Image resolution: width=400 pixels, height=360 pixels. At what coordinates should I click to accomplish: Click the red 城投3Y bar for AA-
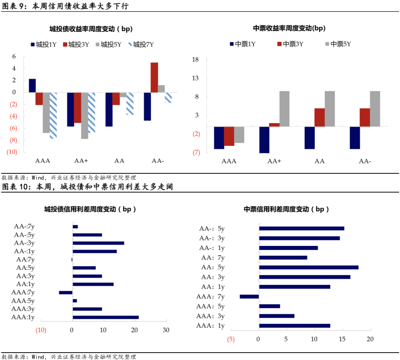coord(154,77)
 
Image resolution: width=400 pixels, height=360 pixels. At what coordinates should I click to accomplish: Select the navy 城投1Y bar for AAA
coord(32,86)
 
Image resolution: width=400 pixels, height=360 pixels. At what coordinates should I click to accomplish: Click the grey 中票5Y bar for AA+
coord(284,109)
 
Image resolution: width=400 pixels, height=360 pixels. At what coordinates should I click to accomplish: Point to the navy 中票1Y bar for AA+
coord(264,140)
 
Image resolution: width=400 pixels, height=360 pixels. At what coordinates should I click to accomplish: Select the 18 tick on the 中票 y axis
coord(196,60)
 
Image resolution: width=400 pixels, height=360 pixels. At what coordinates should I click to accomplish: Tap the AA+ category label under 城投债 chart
coord(81,161)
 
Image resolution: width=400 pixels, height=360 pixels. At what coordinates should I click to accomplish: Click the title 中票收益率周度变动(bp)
coord(289,28)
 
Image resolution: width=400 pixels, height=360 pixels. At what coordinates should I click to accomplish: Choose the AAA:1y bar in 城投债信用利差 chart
coord(106,317)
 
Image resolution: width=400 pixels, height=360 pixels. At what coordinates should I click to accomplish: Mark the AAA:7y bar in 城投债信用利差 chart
coord(66,293)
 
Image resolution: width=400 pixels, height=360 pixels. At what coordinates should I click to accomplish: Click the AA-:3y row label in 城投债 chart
coord(24,243)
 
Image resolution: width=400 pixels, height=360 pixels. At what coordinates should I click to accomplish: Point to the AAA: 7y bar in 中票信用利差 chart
coord(249,296)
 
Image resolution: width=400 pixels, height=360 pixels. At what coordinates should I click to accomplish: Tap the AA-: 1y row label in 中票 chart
coord(212,248)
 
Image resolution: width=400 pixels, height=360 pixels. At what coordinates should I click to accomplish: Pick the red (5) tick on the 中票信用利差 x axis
coord(231,339)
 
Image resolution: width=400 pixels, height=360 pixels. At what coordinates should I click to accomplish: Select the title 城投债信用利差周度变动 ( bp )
coord(90,209)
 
